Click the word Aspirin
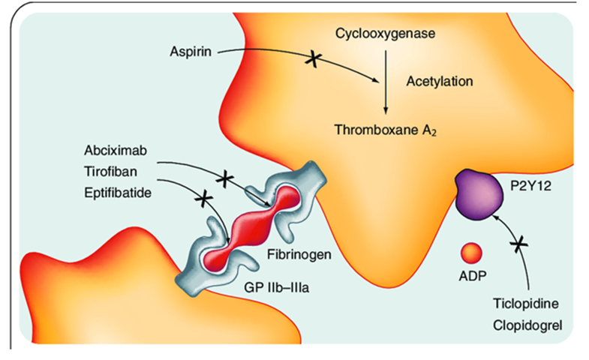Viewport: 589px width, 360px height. tap(191, 52)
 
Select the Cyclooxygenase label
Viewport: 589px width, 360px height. tap(384, 34)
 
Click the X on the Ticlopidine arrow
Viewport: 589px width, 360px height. tap(521, 243)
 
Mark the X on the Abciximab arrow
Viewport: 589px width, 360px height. tap(224, 179)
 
